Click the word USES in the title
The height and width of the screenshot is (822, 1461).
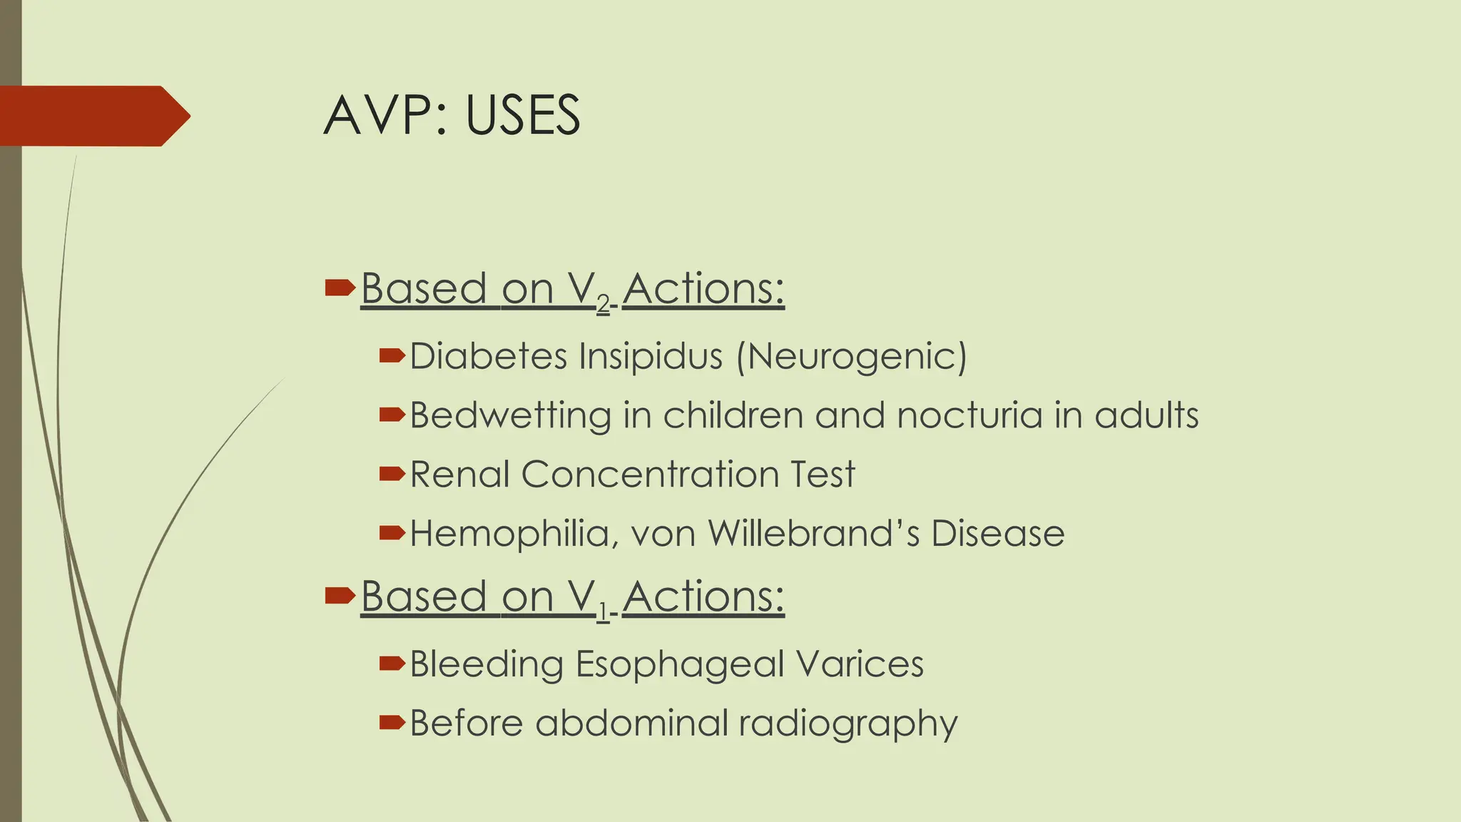point(523,116)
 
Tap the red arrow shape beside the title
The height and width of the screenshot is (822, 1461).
point(93,116)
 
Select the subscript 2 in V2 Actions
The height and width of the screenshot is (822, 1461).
point(604,305)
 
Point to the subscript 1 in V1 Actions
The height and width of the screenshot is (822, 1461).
point(603,612)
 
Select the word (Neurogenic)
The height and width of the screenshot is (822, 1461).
point(852,357)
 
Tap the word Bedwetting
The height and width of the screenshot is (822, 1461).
point(510,415)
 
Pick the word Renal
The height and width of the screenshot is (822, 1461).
point(460,474)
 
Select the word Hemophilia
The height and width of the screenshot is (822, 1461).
point(509,534)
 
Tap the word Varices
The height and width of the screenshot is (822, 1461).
point(860,664)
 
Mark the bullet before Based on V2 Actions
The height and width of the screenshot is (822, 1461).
point(339,288)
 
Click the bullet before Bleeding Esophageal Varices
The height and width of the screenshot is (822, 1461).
point(392,664)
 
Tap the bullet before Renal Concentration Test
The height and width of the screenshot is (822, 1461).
point(392,474)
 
